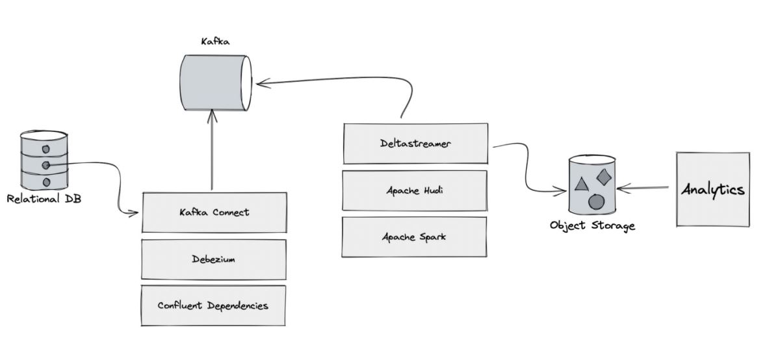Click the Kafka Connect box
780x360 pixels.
[214, 212]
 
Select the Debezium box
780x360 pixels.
[214, 259]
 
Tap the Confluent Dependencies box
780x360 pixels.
[214, 305]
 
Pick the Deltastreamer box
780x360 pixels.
[415, 144]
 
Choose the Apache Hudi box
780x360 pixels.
[415, 190]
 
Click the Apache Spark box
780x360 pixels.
[415, 237]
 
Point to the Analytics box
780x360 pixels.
[712, 189]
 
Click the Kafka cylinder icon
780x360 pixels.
[214, 83]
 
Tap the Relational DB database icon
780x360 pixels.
[44, 160]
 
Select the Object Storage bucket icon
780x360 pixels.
[591, 185]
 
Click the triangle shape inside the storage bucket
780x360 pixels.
[582, 184]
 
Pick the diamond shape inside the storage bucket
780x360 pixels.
[604, 176]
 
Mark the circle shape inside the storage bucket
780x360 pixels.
[596, 201]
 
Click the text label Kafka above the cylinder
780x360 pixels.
[215, 42]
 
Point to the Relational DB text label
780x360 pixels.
[44, 199]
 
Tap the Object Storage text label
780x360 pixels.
[591, 226]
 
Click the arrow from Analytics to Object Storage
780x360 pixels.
[643, 188]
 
